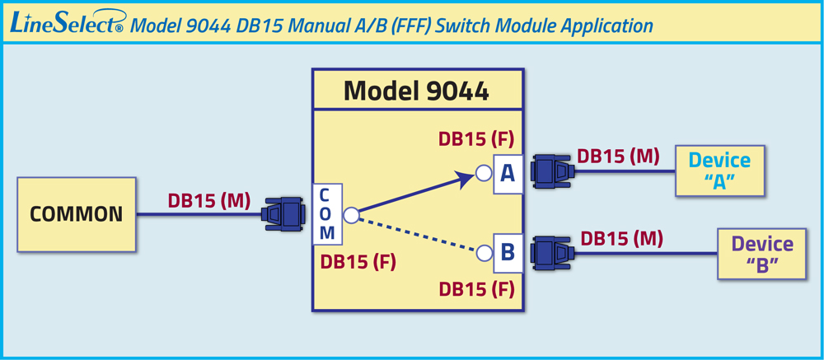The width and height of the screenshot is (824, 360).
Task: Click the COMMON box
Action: tap(77, 214)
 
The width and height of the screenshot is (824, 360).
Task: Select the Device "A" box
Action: tap(719, 171)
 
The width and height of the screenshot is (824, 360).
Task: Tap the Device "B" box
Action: tap(762, 253)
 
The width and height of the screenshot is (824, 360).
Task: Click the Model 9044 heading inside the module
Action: tap(417, 91)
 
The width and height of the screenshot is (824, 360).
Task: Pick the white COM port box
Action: tap(327, 214)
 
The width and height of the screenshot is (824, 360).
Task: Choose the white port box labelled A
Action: tap(508, 175)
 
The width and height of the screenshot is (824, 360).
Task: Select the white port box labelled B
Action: tap(508, 253)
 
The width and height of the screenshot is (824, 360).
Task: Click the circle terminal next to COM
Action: tap(351, 215)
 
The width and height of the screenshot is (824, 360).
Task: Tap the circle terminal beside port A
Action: tap(484, 172)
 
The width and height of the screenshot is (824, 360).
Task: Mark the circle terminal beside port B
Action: tap(484, 253)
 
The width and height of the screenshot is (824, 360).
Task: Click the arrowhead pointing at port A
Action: tap(467, 179)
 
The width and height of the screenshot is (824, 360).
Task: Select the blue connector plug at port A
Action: tap(552, 171)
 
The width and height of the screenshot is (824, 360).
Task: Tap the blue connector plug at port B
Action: tap(552, 253)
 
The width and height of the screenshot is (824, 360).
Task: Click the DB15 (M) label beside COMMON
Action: tap(209, 201)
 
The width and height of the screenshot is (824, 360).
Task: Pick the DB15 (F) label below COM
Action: tap(358, 261)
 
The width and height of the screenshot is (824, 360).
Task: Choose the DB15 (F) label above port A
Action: tap(476, 139)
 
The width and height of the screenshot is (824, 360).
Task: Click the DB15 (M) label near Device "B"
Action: tap(621, 238)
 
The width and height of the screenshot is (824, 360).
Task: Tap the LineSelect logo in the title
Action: tap(67, 24)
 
